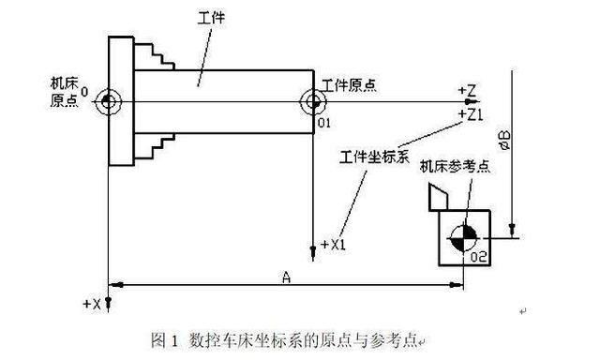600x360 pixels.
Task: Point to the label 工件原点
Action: tap(349, 85)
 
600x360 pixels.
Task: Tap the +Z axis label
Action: tap(469, 89)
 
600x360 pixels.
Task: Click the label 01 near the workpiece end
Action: tap(324, 121)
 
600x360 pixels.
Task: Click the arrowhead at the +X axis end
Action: tap(111, 302)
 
